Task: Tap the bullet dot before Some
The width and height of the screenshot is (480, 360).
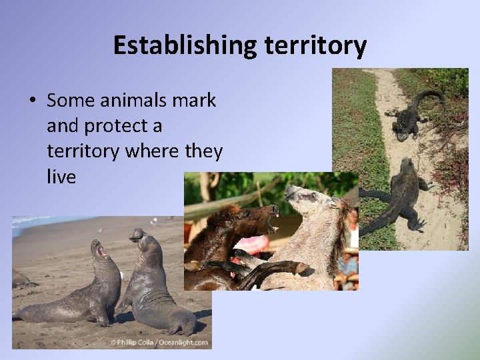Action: point(31,101)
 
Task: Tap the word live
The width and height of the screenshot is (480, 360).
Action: point(61,177)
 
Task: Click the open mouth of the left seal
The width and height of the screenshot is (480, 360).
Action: point(101,251)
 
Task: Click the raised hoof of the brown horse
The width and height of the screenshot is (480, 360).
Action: point(303,268)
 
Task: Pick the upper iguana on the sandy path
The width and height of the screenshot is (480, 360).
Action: point(408,117)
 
